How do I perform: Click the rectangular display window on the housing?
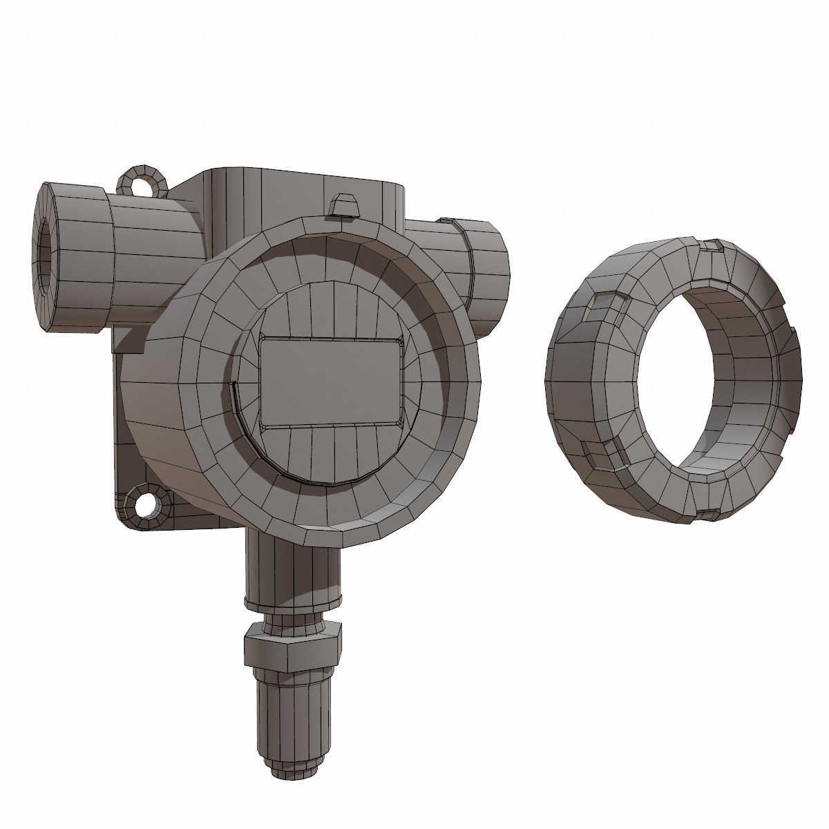[330, 381]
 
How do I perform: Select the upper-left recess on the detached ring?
[607, 303]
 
